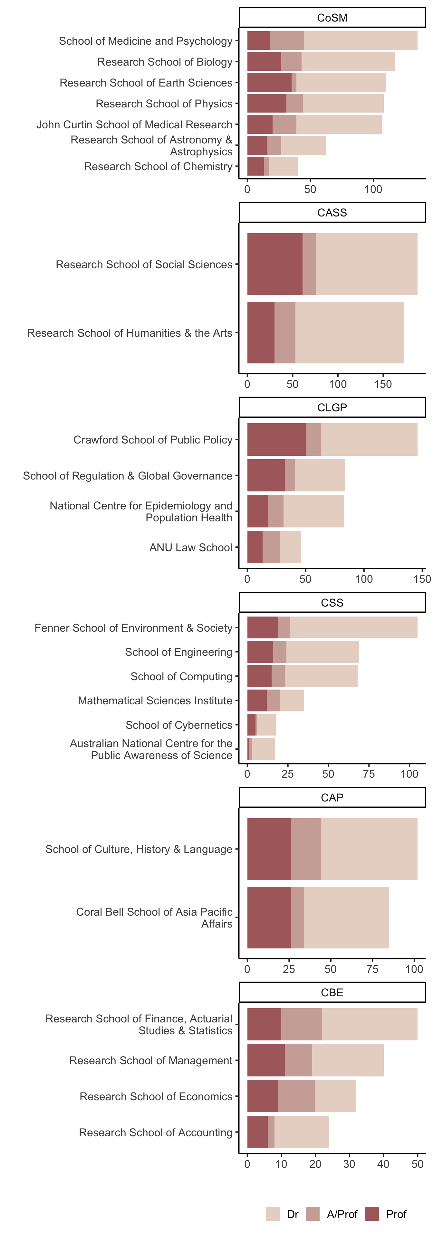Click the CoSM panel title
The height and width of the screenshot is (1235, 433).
coord(332,18)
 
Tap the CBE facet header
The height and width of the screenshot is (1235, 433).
coord(332,993)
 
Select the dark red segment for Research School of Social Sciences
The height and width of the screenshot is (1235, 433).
coord(274,264)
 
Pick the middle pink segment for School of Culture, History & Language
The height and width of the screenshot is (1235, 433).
coord(306,849)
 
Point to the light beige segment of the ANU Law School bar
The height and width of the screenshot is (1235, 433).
coord(290,547)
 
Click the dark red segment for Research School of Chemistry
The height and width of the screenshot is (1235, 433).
coord(255,166)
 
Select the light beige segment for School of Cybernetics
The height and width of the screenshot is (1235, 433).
coord(266,724)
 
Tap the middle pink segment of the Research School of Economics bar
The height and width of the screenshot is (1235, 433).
coord(297,1096)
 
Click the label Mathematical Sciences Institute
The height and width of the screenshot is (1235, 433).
coord(155,700)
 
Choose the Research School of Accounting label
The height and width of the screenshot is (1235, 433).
coord(156,1132)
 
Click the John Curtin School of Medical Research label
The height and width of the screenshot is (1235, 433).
coord(134,125)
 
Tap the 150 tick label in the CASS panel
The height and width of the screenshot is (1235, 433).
coord(383,384)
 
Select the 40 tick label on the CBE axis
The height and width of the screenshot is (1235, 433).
coord(383,1164)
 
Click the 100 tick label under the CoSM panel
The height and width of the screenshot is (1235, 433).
coord(373,189)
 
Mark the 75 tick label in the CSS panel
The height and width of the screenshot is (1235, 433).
coord(369,774)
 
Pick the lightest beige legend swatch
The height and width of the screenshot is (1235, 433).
coord(273,1214)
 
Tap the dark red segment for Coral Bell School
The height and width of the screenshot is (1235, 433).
coord(269,917)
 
